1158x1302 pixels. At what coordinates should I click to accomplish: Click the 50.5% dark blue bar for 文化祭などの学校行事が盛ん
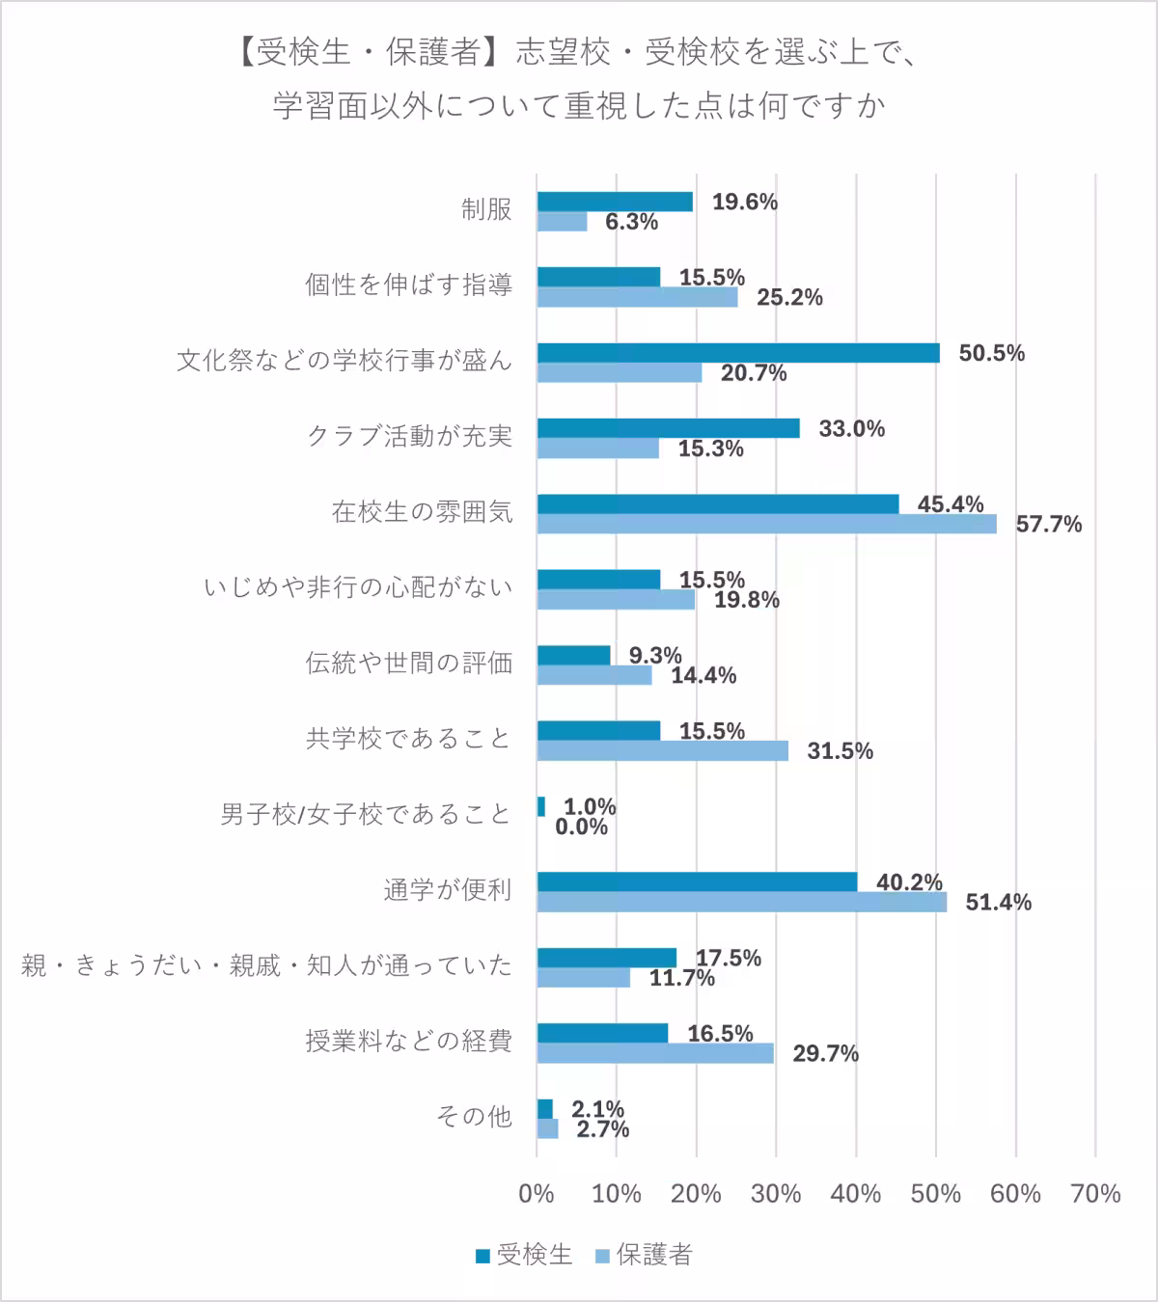click(x=738, y=353)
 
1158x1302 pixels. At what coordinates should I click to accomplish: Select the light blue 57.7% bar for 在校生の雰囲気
click(x=767, y=524)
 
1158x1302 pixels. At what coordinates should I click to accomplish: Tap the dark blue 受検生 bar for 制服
click(x=615, y=202)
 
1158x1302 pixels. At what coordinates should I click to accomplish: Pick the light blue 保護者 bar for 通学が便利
click(x=741, y=902)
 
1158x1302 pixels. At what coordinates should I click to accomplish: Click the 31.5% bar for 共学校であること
click(x=662, y=750)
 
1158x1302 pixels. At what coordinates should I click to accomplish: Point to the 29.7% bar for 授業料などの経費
click(x=655, y=1053)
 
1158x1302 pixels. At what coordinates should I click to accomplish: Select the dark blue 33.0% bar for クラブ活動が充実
click(x=668, y=428)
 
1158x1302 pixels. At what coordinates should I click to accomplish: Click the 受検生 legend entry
click(x=524, y=1255)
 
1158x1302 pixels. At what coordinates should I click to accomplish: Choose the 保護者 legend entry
click(x=644, y=1255)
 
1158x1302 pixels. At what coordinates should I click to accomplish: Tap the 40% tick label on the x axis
click(x=855, y=1194)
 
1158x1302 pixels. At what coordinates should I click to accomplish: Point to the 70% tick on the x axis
click(x=1095, y=1194)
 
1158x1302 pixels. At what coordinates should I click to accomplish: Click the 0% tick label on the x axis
click(x=537, y=1194)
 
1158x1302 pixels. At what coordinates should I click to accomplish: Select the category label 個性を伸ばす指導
click(x=408, y=285)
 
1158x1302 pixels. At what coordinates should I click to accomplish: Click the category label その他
click(x=473, y=1117)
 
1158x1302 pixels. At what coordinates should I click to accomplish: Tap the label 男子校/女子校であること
click(x=365, y=815)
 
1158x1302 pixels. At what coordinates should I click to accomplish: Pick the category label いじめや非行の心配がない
click(x=358, y=587)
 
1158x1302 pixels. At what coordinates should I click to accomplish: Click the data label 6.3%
click(x=631, y=222)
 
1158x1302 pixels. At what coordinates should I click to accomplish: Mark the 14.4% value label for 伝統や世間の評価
click(x=703, y=675)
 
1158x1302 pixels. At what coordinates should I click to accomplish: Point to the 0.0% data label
click(x=582, y=827)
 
